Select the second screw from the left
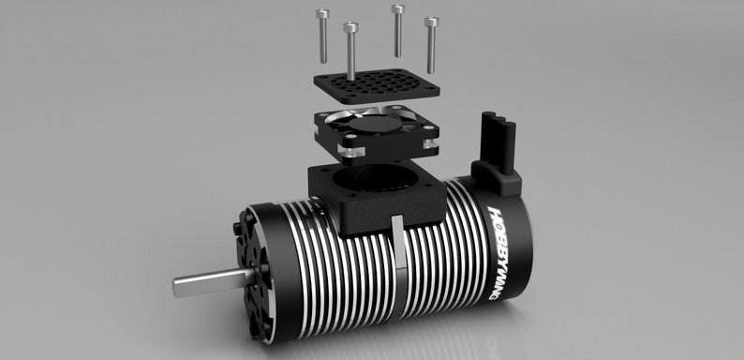[x=350, y=52]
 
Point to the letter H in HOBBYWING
[x=496, y=215]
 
